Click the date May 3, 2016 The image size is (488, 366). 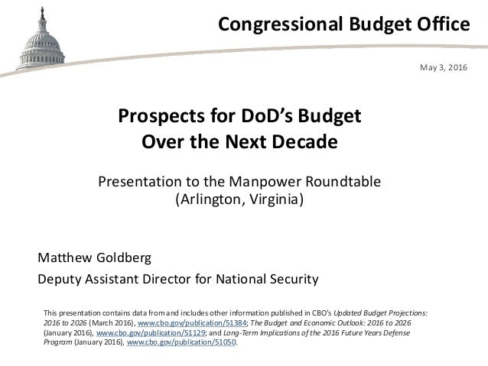(443, 69)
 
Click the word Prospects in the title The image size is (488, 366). (154, 118)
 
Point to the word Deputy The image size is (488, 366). (60, 277)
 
